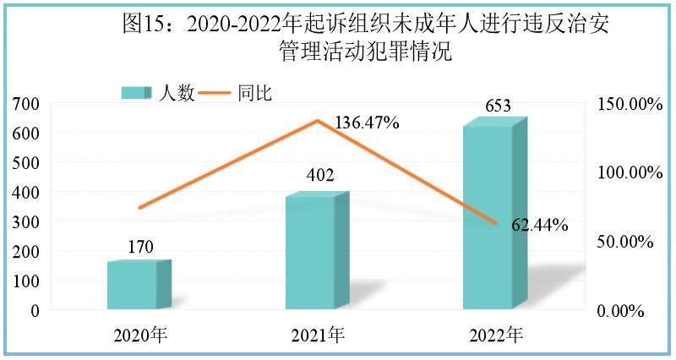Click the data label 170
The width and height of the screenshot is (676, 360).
(x=140, y=247)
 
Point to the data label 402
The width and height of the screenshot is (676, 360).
(x=319, y=176)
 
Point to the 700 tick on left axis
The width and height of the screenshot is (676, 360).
(x=26, y=104)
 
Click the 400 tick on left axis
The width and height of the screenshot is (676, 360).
(x=26, y=193)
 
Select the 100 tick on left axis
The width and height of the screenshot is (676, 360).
(x=26, y=281)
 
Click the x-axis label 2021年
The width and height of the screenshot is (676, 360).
(x=319, y=335)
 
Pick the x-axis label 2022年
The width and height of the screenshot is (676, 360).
(x=497, y=335)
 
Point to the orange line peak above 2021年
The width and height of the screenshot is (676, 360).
(x=318, y=120)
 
